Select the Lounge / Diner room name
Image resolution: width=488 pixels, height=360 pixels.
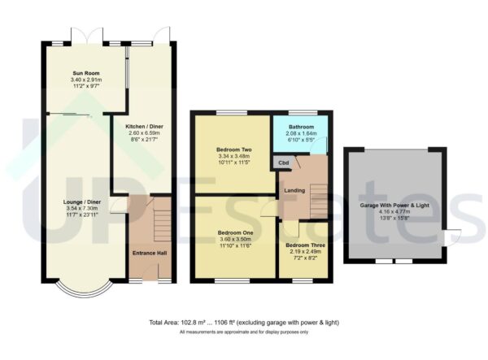point(84,202)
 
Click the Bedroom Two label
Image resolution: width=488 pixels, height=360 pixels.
point(233,150)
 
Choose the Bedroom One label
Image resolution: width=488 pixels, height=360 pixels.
point(235,232)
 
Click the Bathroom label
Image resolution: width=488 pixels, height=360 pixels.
point(300,127)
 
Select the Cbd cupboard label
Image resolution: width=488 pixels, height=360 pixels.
point(283,163)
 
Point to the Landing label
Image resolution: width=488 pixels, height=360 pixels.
point(294,191)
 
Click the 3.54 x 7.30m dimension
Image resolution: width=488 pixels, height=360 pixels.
point(84,209)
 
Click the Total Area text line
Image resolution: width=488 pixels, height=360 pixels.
point(244,323)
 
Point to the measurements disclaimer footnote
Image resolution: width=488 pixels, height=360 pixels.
point(244,332)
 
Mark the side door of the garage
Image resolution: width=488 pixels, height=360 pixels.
point(452,238)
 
